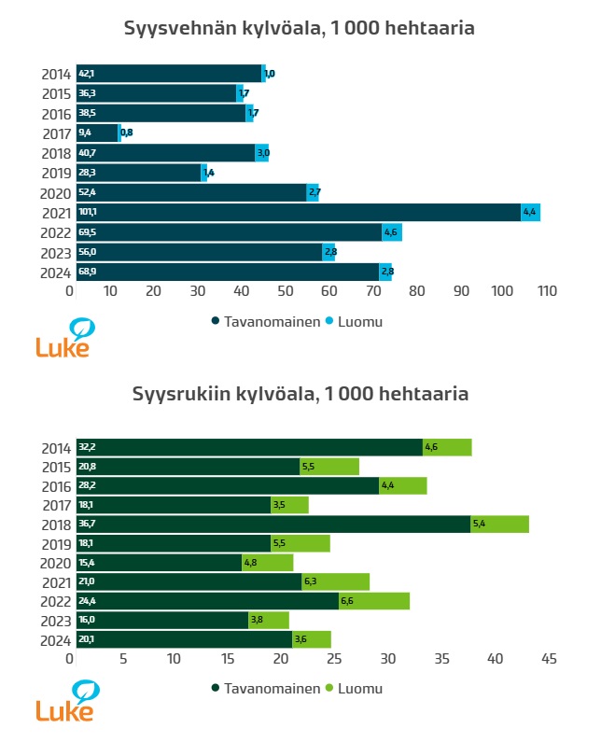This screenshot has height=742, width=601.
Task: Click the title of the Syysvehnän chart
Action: tap(300, 29)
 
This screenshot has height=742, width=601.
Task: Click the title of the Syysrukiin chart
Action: tap(300, 394)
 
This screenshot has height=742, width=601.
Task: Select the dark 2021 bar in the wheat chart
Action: tap(299, 213)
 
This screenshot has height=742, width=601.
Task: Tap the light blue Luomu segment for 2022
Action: tap(392, 232)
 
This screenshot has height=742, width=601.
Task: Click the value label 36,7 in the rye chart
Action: tap(87, 524)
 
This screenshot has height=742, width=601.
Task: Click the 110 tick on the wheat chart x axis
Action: tap(547, 292)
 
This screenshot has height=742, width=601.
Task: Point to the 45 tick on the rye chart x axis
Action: tap(549, 660)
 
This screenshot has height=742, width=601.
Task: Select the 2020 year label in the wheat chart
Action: tap(54, 193)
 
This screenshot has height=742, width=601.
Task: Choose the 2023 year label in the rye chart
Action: tap(54, 620)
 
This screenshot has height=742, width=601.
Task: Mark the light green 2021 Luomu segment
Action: tap(335, 581)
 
